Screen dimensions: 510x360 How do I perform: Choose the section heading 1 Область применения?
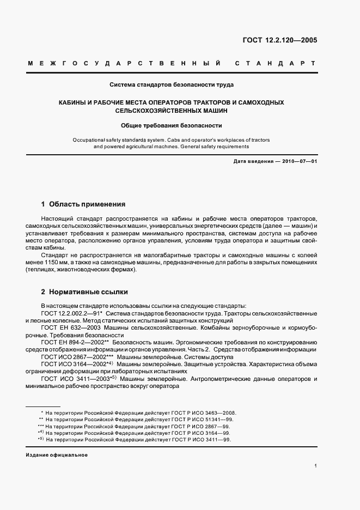pos(83,204)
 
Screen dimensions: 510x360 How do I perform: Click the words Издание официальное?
pos(57,455)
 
